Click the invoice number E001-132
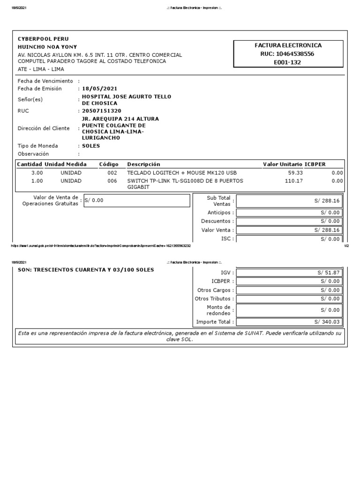point(288,62)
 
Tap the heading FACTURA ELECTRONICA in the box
point(288,45)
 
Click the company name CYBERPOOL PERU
point(43,38)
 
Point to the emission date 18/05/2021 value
point(99,89)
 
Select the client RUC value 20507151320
point(101,111)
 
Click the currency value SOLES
point(91,146)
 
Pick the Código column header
point(109,165)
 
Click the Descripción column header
point(143,165)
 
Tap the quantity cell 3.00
point(37,173)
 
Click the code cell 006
point(112,180)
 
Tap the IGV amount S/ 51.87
point(329,272)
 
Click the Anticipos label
point(218,213)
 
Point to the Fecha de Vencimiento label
point(45,81)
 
